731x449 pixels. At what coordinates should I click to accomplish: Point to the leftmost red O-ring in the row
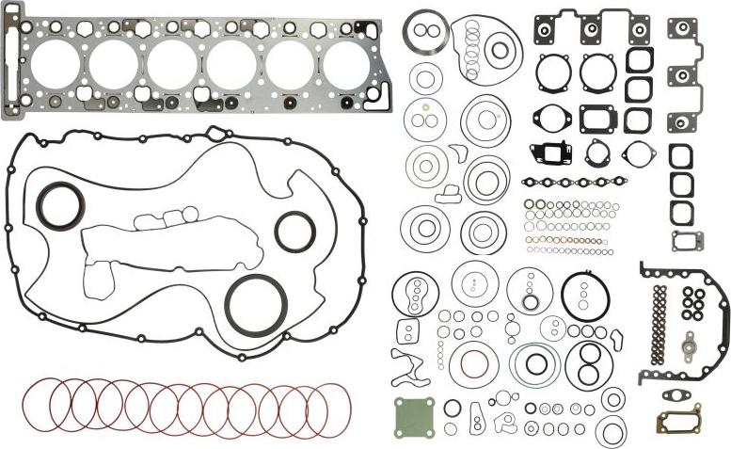[x=44, y=406]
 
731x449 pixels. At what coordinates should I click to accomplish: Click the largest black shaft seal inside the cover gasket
[x=256, y=304]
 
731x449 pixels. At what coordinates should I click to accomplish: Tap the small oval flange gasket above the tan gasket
[x=678, y=395]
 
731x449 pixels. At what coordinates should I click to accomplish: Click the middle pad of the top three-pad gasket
[x=592, y=30]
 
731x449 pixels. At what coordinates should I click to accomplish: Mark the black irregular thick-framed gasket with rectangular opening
[x=548, y=153]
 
